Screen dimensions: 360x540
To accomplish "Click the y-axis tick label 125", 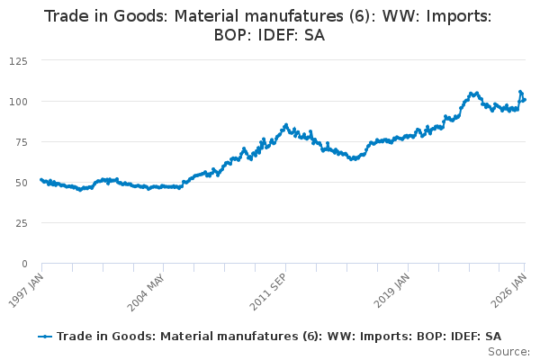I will [x=17, y=60].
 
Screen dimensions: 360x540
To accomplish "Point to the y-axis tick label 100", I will [x=17, y=101].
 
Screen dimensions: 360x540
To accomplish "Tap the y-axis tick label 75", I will [x=20, y=141].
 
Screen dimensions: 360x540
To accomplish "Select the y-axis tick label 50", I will [x=20, y=182].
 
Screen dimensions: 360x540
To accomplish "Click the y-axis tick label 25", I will [x=20, y=222].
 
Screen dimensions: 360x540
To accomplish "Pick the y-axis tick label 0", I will [x=23, y=264].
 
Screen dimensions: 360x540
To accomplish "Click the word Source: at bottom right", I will [x=508, y=352].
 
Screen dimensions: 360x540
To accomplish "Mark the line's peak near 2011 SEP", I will [x=285, y=125].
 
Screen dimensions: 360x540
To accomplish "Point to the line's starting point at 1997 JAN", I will [x=41, y=180].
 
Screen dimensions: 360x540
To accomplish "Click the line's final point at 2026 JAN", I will [x=525, y=99].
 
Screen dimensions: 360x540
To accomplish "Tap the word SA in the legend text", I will [x=493, y=336].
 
